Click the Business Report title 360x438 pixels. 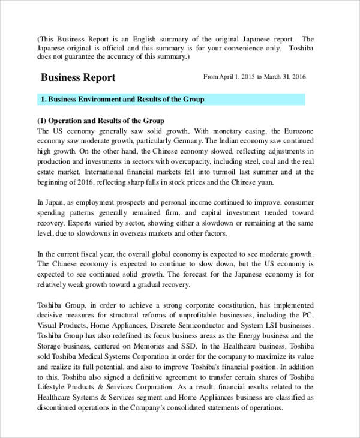click(x=78, y=78)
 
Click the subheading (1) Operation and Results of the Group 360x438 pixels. click(x=100, y=121)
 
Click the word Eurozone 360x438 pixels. click(x=298, y=131)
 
